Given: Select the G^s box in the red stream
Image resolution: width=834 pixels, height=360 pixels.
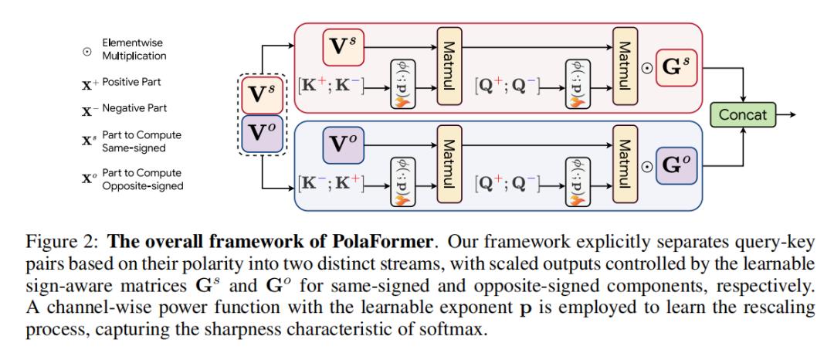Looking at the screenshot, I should (676, 67).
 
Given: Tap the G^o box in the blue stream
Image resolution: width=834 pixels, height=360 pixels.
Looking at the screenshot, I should (676, 165).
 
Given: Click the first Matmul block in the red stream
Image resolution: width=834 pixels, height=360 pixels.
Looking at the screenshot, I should (449, 66).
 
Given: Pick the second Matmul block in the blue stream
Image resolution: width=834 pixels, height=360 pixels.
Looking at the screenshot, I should (623, 165).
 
